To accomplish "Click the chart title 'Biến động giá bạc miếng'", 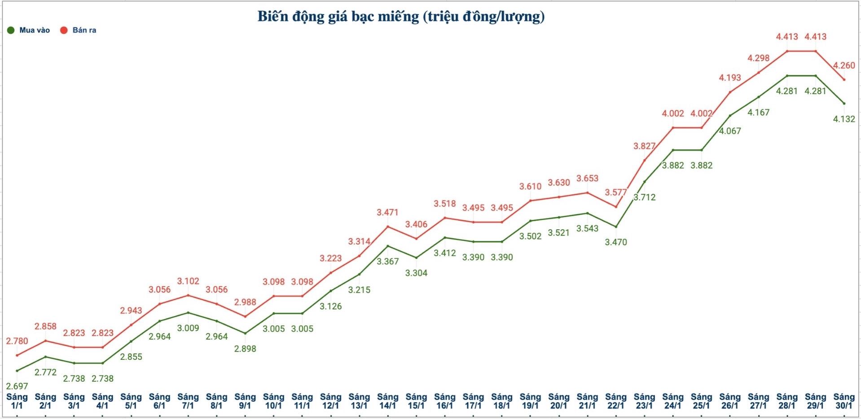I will point(401,17).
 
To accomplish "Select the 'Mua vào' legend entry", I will point(29,30).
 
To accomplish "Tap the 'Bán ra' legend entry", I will point(79,30).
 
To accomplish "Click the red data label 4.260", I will point(844,65).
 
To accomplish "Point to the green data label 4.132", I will point(844,119).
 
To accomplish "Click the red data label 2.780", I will point(17,341).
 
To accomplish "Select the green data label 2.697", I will point(17,386).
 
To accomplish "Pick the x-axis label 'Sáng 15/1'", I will point(416,401).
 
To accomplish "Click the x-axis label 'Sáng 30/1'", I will point(844,401).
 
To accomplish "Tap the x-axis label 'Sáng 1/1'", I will point(17,401).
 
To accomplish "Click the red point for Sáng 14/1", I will point(388,227).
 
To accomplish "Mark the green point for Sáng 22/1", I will point(616,227).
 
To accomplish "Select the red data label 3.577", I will point(616,192).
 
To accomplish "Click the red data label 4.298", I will point(758,58).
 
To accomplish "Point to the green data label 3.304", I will point(416,273).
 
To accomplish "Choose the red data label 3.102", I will point(188,281).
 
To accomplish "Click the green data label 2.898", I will point(245,349).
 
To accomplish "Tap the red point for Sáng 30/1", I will point(844,79).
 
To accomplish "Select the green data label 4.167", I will point(758,113).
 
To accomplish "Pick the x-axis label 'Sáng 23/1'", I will point(644,401).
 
